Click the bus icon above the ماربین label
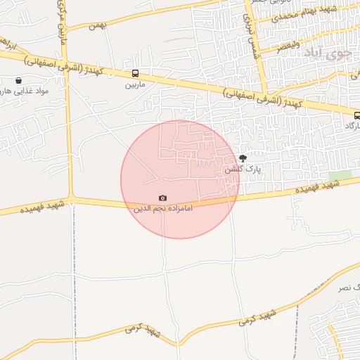click(x=135, y=73)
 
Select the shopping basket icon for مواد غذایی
click(x=18, y=81)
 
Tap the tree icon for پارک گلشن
click(x=243, y=158)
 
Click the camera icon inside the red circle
click(x=163, y=198)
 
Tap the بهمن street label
click(x=96, y=25)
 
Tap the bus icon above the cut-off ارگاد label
click(x=356, y=115)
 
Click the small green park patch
click(x=340, y=175)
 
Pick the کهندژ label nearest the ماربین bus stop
click(x=91, y=70)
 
